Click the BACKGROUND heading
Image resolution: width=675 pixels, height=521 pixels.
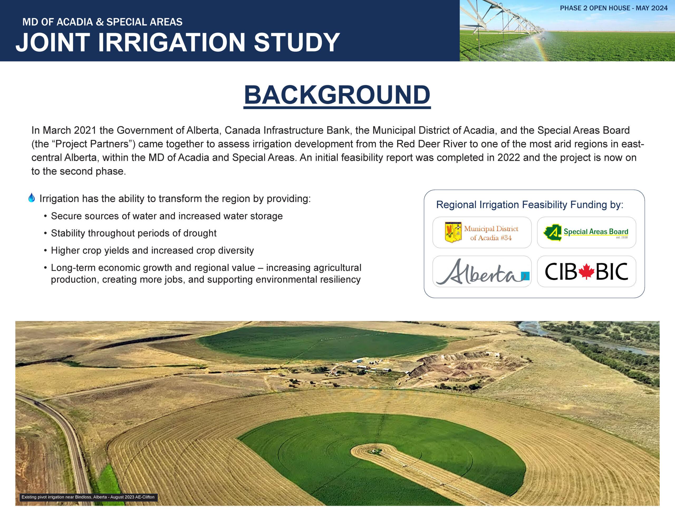click(337, 95)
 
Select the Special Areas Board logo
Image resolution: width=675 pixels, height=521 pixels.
click(586, 233)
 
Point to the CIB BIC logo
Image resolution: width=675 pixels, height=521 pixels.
click(586, 272)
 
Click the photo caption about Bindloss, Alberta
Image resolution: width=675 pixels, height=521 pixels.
click(88, 497)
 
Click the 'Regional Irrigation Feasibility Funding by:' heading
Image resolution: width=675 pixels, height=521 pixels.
click(530, 204)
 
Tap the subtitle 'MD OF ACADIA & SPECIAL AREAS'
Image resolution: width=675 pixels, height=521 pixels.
click(102, 22)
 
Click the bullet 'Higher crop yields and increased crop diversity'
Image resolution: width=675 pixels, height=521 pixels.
click(152, 250)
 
